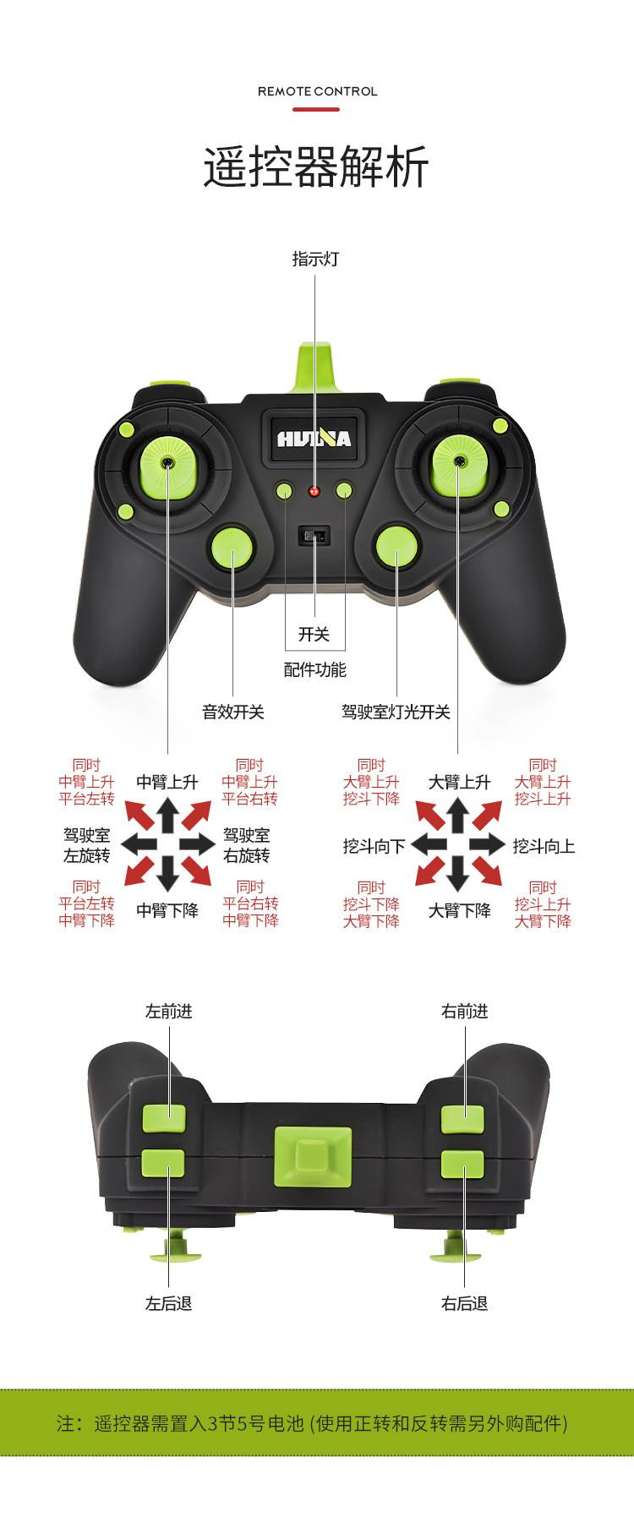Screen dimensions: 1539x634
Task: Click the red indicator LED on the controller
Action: [315, 491]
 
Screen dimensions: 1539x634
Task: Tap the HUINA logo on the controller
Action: [314, 439]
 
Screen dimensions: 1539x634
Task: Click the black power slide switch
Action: [315, 536]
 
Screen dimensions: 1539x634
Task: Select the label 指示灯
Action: [315, 259]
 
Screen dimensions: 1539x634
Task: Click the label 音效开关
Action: [232, 712]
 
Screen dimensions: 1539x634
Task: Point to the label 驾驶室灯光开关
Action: [396, 712]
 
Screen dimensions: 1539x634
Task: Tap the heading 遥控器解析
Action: [316, 166]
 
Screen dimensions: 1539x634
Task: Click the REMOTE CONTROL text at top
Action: [317, 91]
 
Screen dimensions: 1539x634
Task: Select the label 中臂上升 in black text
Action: [167, 782]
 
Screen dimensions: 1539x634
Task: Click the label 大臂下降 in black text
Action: [459, 910]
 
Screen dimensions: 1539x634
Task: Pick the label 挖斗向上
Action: [544, 845]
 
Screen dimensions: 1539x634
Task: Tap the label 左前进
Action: [168, 1011]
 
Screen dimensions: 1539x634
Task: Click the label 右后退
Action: [464, 1303]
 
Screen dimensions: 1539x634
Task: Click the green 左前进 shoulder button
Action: [163, 1118]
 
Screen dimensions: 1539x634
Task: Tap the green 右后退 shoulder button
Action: [462, 1164]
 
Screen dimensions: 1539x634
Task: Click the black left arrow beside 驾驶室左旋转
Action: [138, 843]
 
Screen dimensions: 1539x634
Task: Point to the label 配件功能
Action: [314, 670]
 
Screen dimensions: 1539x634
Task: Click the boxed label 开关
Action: [314, 634]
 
